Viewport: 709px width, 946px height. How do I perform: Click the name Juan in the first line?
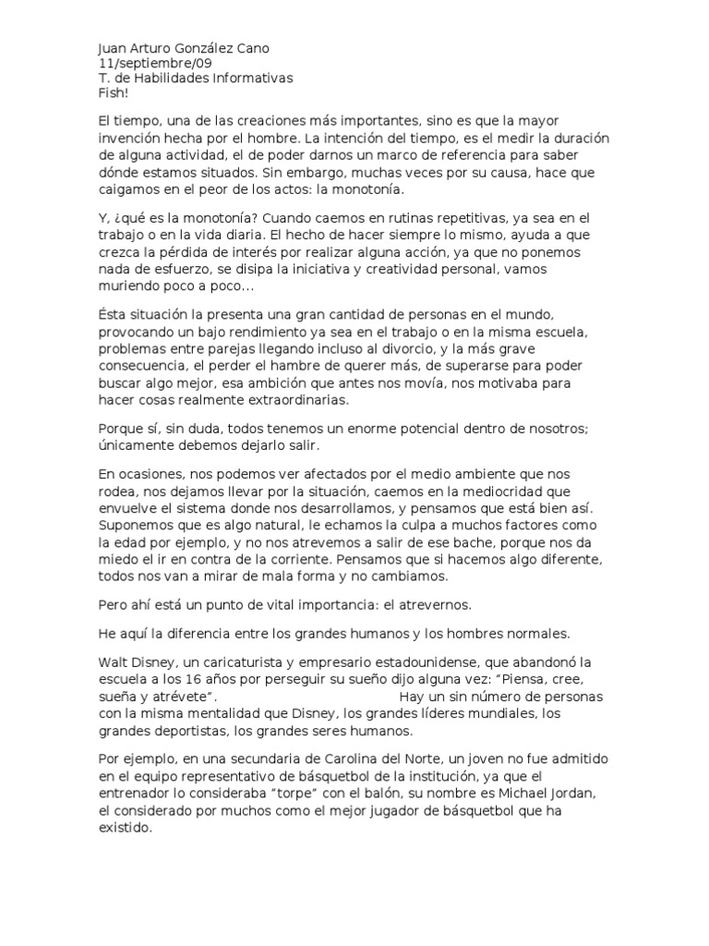(x=113, y=49)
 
